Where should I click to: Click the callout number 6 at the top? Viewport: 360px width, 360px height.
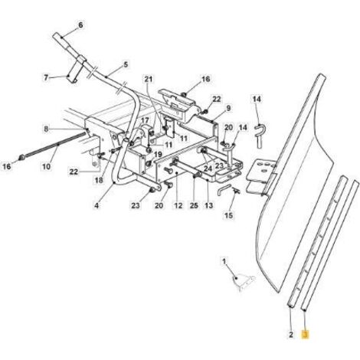(80, 25)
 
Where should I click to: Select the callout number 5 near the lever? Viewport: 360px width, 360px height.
(126, 64)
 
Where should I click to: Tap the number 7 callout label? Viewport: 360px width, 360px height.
(46, 77)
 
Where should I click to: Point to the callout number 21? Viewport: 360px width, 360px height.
(149, 80)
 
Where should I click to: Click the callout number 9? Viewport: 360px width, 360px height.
(228, 108)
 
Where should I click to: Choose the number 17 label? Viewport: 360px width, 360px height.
(145, 120)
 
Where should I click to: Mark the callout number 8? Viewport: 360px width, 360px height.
(46, 129)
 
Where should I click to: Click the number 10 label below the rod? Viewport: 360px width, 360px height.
(46, 167)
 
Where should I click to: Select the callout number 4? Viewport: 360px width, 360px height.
(97, 205)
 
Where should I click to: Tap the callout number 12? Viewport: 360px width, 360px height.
(178, 205)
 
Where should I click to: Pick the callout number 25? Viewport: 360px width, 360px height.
(194, 205)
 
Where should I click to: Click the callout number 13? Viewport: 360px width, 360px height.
(209, 205)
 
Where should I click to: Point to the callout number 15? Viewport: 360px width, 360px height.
(228, 215)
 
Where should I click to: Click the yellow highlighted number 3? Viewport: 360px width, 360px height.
(305, 334)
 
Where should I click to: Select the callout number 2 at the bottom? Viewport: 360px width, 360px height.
(291, 334)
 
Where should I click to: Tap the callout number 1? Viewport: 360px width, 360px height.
(224, 262)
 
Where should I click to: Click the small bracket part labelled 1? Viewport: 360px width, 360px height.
(243, 283)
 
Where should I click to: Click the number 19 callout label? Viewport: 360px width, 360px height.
(158, 155)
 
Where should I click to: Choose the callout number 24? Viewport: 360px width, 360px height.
(208, 169)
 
